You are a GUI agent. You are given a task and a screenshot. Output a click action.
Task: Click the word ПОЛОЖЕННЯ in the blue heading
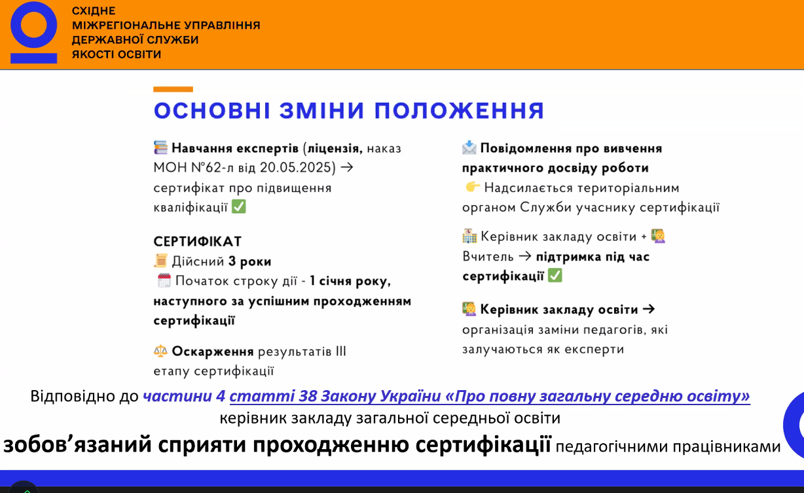(x=460, y=110)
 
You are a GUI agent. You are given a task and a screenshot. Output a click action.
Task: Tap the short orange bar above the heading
(x=173, y=89)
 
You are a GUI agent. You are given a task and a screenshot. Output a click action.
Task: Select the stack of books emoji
(x=161, y=148)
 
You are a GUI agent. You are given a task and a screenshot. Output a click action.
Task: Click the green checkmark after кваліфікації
(x=239, y=207)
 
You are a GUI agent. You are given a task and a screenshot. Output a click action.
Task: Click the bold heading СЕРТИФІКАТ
(x=198, y=241)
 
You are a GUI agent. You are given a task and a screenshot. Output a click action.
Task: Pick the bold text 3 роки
(x=250, y=261)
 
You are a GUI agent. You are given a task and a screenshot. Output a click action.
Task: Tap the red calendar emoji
(x=164, y=281)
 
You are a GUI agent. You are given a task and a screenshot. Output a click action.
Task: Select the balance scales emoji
(x=160, y=351)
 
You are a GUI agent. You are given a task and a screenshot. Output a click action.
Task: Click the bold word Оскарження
(x=213, y=351)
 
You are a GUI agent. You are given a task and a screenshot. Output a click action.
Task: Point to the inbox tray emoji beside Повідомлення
(x=469, y=148)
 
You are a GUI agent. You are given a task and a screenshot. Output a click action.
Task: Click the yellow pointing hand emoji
(x=473, y=187)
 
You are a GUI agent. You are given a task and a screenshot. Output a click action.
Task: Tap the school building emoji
(x=469, y=236)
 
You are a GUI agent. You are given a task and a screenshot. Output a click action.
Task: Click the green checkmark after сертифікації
(x=555, y=275)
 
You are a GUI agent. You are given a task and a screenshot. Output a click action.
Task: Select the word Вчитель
(x=488, y=256)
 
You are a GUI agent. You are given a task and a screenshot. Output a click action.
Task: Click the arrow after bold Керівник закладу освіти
(x=649, y=309)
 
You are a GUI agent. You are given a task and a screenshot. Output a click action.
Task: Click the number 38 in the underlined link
(x=308, y=396)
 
